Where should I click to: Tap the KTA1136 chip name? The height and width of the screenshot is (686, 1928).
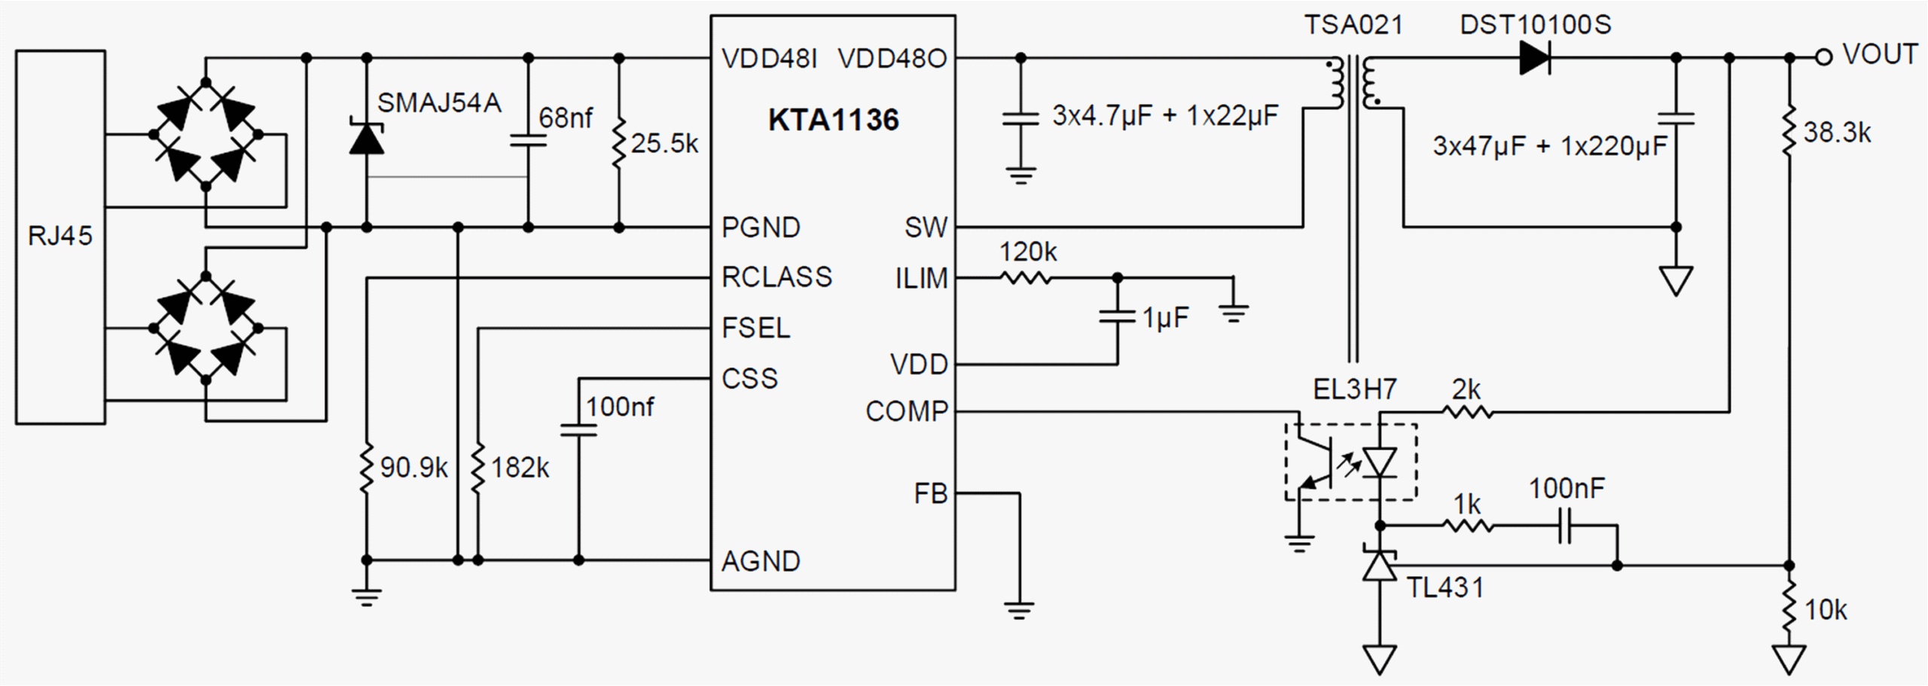[833, 120]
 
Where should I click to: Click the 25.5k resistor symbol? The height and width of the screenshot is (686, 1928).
[619, 142]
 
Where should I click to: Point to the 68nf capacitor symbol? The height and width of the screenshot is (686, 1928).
[528, 140]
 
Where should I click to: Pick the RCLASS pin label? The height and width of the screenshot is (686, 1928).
[776, 277]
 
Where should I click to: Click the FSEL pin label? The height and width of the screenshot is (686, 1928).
[755, 328]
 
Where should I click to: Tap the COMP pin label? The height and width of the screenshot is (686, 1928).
[906, 411]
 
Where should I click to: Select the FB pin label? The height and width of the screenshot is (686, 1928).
[930, 494]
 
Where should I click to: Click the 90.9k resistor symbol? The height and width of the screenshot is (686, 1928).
[367, 468]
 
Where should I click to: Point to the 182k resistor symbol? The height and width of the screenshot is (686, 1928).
[478, 468]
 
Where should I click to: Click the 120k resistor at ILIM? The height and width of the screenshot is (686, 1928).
[1026, 278]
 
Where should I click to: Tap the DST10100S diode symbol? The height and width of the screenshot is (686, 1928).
[1535, 58]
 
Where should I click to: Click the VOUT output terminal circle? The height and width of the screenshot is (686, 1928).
[1823, 57]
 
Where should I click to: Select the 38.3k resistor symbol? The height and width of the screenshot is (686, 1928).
[1789, 132]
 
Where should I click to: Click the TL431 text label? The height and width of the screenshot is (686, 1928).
[1445, 587]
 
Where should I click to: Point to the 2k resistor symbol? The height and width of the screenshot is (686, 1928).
[1467, 412]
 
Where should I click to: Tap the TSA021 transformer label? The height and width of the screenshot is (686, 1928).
[1353, 25]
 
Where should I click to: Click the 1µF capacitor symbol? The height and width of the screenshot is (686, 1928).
[1117, 316]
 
